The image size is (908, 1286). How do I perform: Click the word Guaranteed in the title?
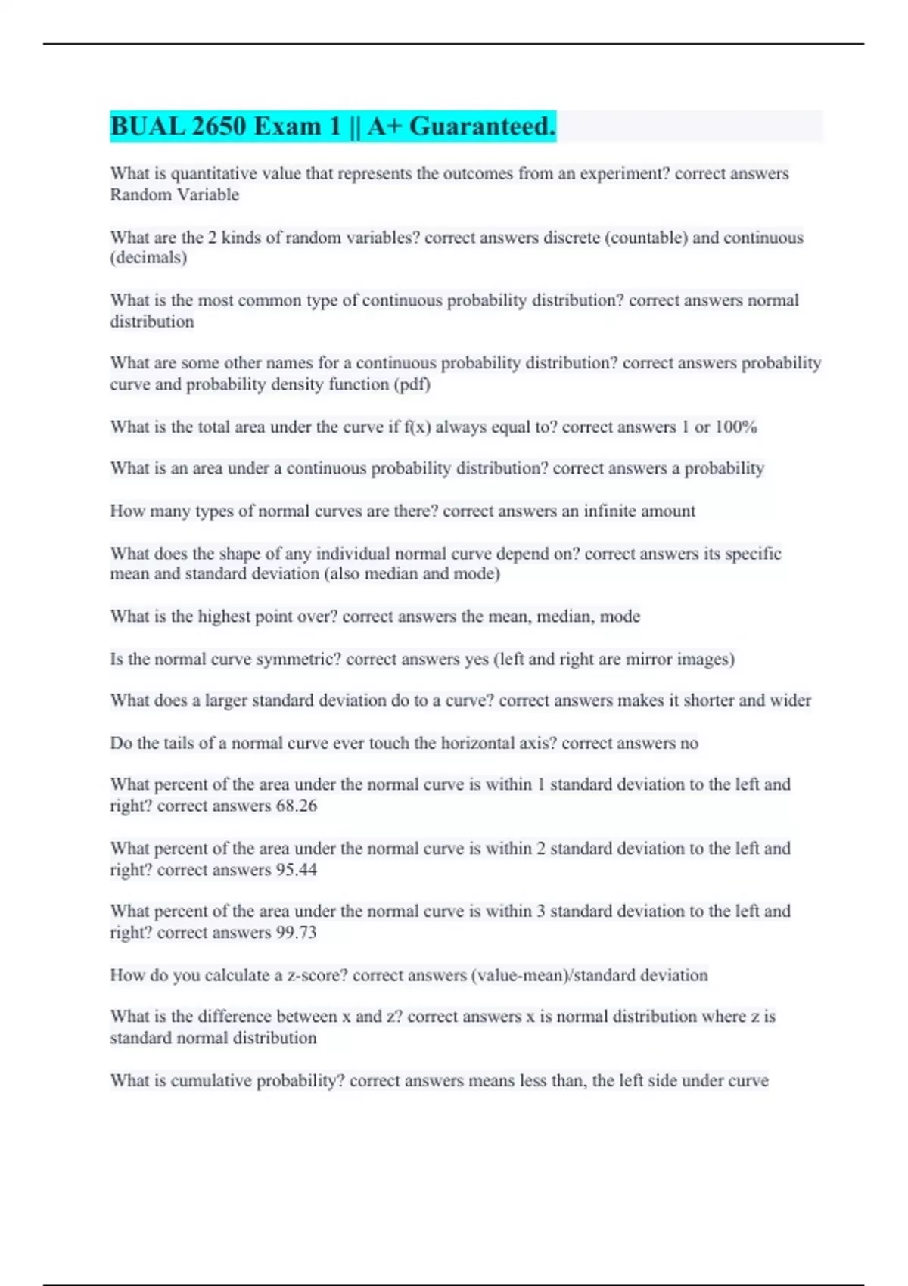[x=482, y=126]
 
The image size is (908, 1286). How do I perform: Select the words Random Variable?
[x=175, y=195]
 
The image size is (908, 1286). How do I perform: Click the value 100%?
[x=735, y=427]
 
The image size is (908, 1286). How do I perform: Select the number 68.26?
[x=297, y=806]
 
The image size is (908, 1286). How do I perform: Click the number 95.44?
[x=297, y=870]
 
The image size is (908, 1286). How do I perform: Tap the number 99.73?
[x=297, y=933]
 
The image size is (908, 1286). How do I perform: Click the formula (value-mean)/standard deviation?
[x=589, y=975]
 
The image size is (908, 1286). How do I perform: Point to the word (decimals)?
[x=148, y=258]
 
